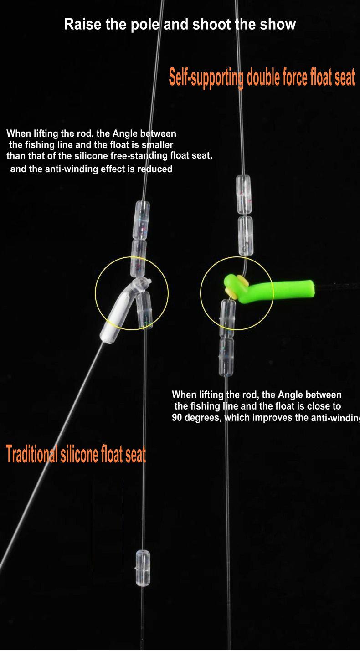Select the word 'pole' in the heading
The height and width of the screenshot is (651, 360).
tap(145, 25)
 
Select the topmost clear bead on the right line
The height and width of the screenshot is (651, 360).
tap(244, 194)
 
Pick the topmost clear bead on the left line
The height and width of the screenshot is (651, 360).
tap(142, 220)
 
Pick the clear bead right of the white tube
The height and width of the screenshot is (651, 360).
tap(145, 310)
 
